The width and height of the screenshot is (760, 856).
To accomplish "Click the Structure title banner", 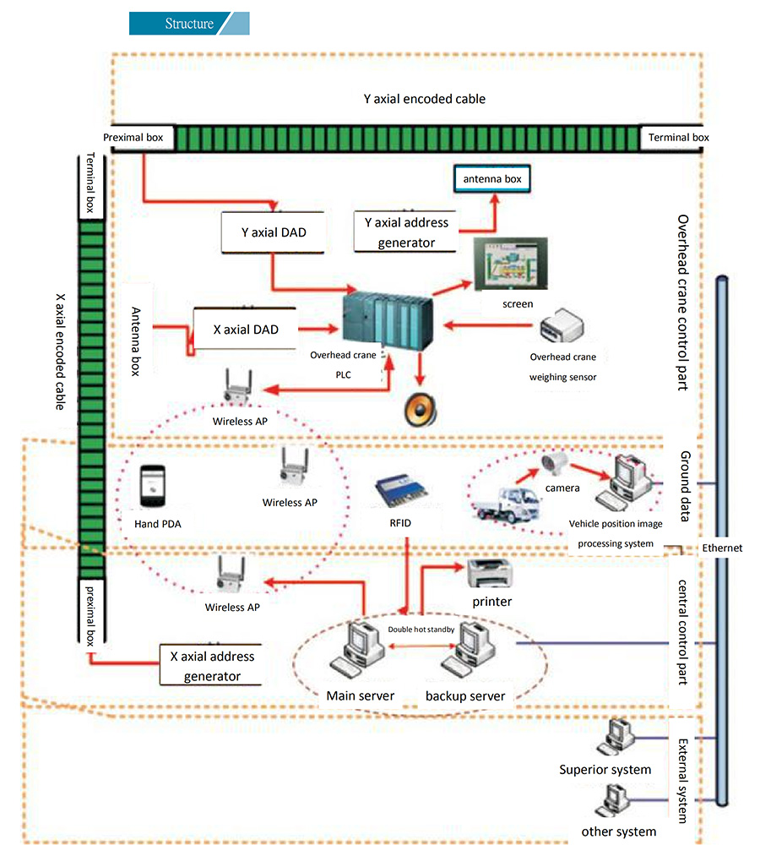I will coord(189,24).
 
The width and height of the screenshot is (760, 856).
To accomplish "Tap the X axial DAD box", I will coord(246,329).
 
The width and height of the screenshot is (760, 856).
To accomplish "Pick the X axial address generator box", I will coord(212,665).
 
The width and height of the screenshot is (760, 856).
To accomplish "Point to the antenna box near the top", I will coord(493,179).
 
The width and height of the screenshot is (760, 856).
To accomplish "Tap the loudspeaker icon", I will coord(420,409).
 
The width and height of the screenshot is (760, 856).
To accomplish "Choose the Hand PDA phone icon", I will coord(153,487).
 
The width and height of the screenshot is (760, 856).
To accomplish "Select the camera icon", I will coord(557,463).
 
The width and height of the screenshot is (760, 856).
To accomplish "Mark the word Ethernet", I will coord(722,548).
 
